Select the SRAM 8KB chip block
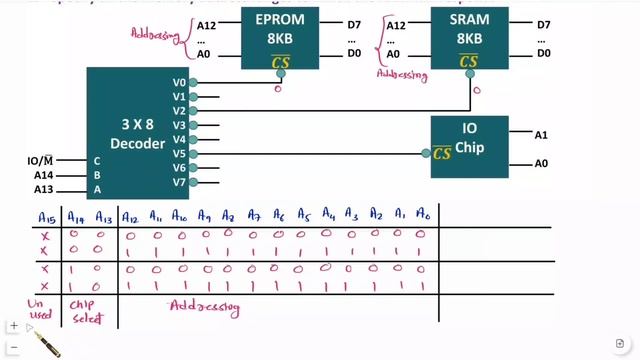click(x=468, y=38)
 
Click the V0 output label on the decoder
click(x=179, y=82)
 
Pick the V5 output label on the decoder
click(x=179, y=153)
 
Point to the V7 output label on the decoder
click(x=179, y=182)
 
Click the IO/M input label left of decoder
click(x=40, y=160)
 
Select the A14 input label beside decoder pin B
click(x=43, y=175)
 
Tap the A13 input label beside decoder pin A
click(x=43, y=189)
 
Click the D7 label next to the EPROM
click(x=355, y=24)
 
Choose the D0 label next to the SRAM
click(x=543, y=53)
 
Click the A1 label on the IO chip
click(x=540, y=134)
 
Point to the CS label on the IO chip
click(x=442, y=153)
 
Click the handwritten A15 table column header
click(x=46, y=216)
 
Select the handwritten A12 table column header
click(x=129, y=216)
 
